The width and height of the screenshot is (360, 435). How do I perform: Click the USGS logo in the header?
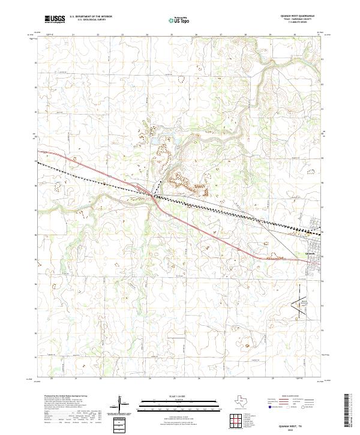coord(55,19)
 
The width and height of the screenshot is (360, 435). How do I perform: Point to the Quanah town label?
coord(310,253)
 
